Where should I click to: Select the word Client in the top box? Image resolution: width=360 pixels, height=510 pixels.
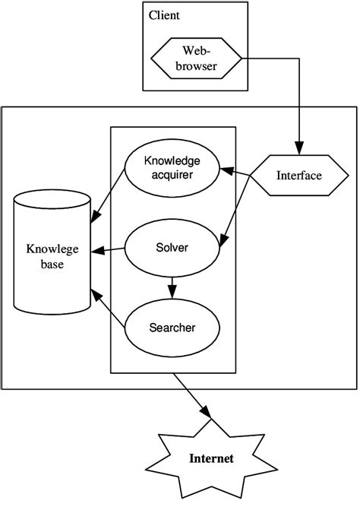pyautogui.click(x=165, y=14)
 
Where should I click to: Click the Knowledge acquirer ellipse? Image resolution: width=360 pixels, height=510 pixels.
pyautogui.click(x=172, y=167)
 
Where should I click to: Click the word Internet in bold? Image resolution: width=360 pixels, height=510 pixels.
pyautogui.click(x=212, y=458)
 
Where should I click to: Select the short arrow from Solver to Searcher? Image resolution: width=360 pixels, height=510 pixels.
pyautogui.click(x=172, y=287)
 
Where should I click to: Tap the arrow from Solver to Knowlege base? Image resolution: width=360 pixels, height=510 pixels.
pyautogui.click(x=108, y=250)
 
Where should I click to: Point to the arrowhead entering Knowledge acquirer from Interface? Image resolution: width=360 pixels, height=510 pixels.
pyautogui.click(x=226, y=166)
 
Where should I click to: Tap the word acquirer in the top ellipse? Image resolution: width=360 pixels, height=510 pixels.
pyautogui.click(x=172, y=175)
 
